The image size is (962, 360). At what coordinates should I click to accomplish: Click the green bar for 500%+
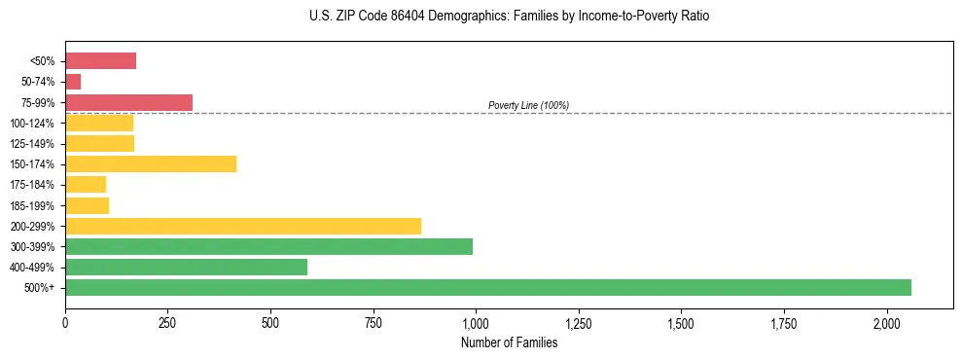coord(487,287)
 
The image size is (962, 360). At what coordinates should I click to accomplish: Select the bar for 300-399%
coord(268,246)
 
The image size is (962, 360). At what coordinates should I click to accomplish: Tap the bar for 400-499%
coord(186,267)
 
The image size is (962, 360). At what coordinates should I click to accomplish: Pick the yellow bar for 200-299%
coord(242,226)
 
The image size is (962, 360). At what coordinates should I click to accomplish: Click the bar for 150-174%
coord(151,163)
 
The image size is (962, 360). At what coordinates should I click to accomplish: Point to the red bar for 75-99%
coord(128,102)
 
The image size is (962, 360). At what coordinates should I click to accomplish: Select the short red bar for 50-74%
coord(73,82)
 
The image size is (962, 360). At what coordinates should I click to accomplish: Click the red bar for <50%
coord(100,61)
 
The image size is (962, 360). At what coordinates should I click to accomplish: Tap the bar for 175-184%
coord(86,184)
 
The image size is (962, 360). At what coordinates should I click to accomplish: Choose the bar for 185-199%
coord(87,205)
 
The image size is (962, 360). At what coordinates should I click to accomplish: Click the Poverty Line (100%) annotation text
coord(528,105)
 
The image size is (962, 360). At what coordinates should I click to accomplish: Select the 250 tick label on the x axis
coord(168,322)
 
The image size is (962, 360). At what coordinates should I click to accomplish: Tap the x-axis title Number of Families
coord(509,342)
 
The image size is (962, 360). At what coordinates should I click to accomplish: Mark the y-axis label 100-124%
coord(32,124)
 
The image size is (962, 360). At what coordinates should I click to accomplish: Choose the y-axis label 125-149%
coord(32,144)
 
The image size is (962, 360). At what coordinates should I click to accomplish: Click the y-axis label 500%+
coord(40,288)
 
